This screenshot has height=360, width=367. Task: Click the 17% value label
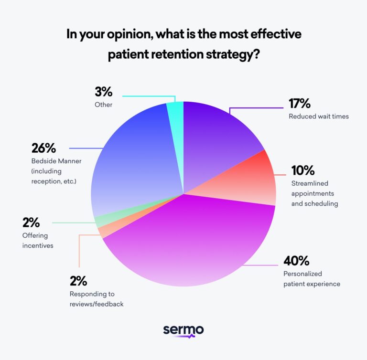(x=299, y=104)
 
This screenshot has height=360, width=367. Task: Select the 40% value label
(x=296, y=261)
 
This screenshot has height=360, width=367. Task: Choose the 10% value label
(x=303, y=170)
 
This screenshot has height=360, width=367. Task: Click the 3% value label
(x=104, y=92)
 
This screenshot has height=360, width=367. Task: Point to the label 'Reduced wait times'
(x=318, y=116)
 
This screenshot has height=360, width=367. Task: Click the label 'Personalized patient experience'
(x=312, y=279)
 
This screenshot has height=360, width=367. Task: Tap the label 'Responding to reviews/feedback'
(x=96, y=299)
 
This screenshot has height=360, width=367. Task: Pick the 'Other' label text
(x=103, y=104)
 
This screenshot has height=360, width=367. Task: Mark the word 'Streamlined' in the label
(x=309, y=183)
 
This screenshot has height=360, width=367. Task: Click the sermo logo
(x=183, y=331)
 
